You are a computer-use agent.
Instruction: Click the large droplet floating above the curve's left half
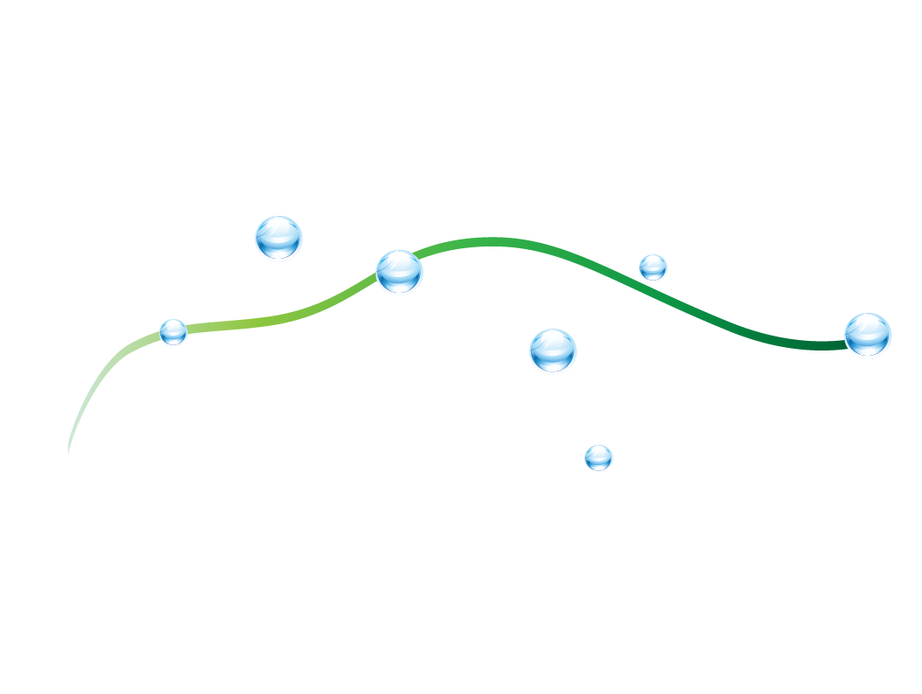coord(278,237)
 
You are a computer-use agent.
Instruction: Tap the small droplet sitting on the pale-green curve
coord(173,332)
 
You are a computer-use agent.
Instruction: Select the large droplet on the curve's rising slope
coord(399,271)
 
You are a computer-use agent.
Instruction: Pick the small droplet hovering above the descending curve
coord(653,267)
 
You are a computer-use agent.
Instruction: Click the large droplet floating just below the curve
coord(553,350)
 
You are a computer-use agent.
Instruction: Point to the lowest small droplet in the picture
coord(598,457)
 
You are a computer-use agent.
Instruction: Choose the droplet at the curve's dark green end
coord(868,334)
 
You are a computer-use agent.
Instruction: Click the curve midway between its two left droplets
coord(289,316)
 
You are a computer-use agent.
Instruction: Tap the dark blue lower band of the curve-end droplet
coord(869,349)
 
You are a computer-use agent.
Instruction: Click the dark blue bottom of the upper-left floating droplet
coord(279,252)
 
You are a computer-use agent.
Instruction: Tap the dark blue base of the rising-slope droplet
coord(400,286)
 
